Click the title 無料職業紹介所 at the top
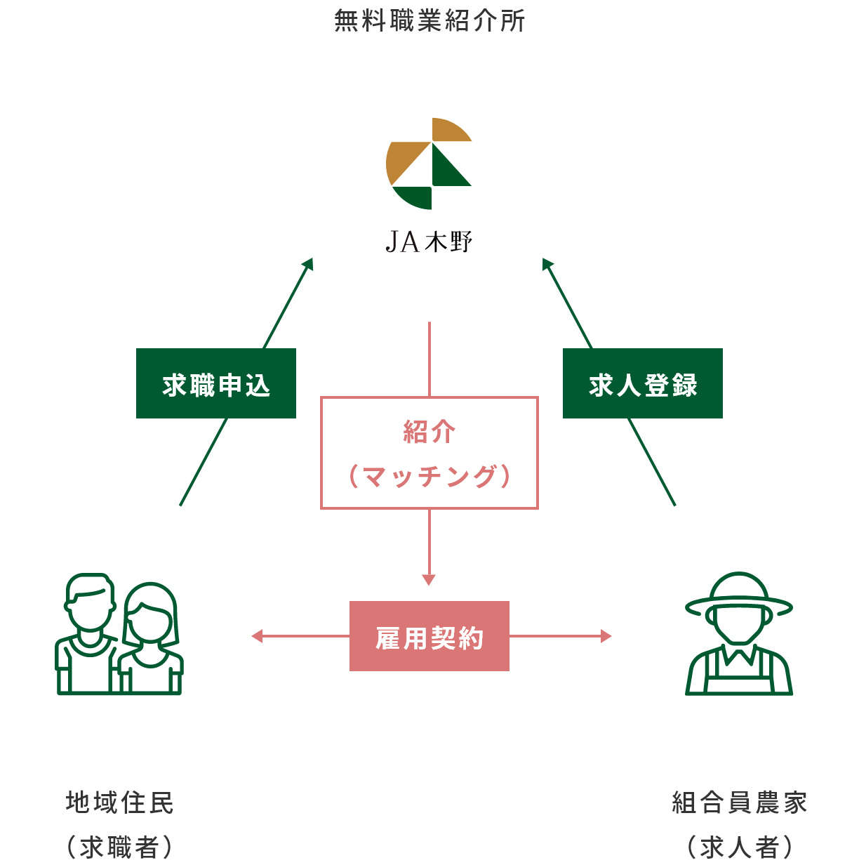429,21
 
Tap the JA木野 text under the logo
429,242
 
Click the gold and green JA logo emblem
429,164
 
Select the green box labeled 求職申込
215,383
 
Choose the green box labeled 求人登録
642,383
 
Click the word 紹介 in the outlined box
429,431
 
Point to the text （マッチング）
429,477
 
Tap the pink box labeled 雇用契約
429,636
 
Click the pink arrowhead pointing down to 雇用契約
429,580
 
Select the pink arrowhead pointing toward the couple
256,637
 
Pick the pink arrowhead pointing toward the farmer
606,637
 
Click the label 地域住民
119,803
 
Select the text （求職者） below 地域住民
119,847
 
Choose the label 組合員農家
739,803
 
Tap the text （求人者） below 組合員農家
739,847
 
